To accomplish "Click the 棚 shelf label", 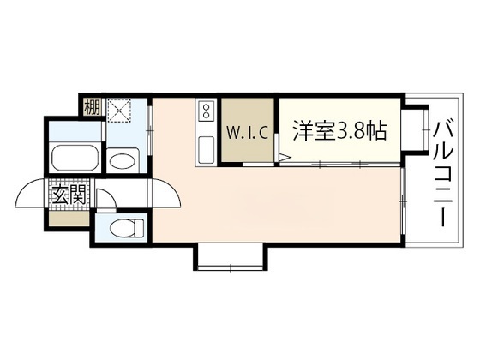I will pyautogui.click(x=90, y=109).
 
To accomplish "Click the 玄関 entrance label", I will pyautogui.click(x=69, y=195).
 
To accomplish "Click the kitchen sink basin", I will pyautogui.click(x=206, y=150).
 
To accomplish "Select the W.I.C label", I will pyautogui.click(x=249, y=133).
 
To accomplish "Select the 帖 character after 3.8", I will pyautogui.click(x=378, y=131).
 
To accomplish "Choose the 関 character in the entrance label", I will pyautogui.click(x=77, y=195).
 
